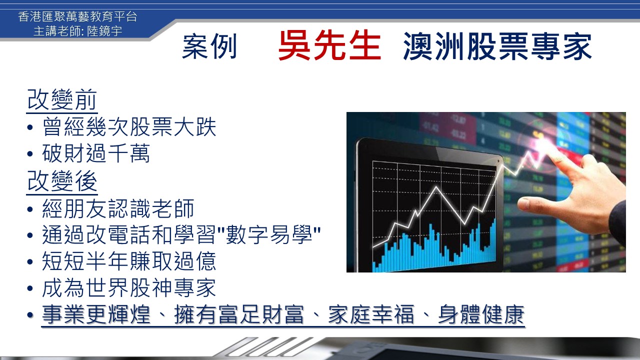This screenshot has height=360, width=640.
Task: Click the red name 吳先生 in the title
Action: [x=329, y=45]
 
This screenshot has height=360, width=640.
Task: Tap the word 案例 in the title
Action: [x=209, y=46]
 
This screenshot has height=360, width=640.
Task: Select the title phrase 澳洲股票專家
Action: [x=497, y=46]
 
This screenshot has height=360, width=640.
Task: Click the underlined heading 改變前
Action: [x=62, y=99]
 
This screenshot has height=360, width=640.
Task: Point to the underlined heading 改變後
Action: [x=62, y=181]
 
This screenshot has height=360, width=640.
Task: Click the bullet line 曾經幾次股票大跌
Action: [x=129, y=126]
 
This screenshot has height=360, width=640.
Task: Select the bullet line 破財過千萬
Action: [x=96, y=153]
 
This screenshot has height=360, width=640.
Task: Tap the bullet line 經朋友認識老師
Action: [x=118, y=208]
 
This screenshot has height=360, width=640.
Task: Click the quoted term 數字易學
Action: [x=268, y=235]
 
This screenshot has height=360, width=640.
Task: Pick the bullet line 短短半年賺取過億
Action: [x=129, y=261]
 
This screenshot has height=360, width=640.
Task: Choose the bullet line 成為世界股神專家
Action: [x=129, y=287]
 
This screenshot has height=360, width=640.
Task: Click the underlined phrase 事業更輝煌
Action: [x=96, y=314]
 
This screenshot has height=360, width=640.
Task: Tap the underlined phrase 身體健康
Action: [x=481, y=314]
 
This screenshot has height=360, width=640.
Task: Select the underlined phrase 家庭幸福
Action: [x=371, y=314]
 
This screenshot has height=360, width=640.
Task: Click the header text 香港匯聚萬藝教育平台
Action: [x=77, y=16]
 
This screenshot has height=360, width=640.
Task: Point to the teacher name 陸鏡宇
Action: [x=104, y=31]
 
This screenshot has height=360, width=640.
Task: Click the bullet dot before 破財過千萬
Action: [x=30, y=154]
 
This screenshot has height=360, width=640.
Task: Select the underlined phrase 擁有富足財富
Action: [x=239, y=314]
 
